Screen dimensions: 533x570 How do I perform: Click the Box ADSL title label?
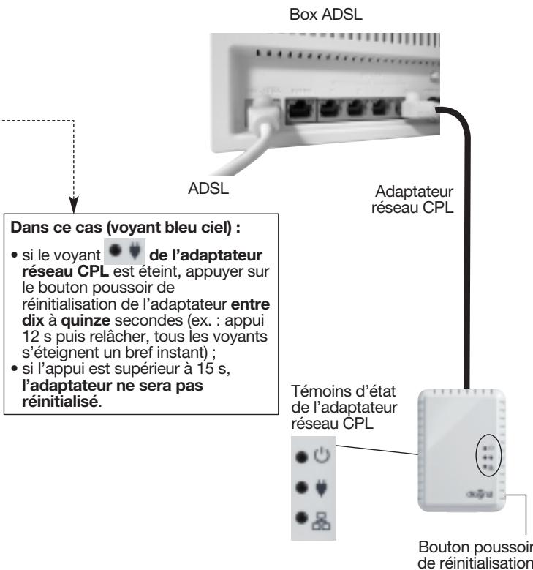[326, 15]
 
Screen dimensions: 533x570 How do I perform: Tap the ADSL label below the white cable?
[208, 188]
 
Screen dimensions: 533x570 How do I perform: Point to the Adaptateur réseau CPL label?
[412, 199]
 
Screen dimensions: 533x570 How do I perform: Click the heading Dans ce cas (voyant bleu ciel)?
[125, 228]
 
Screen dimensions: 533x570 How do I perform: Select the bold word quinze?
[86, 320]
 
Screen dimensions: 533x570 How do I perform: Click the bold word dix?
[33, 320]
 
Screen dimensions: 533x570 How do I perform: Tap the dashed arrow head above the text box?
[74, 205]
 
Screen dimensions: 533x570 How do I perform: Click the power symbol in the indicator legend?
[322, 455]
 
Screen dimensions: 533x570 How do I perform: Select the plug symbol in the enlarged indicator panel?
[321, 488]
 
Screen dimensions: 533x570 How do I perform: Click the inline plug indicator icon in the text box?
[124, 251]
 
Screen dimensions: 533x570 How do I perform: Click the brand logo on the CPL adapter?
[479, 494]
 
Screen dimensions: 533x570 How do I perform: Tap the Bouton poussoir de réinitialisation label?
[475, 555]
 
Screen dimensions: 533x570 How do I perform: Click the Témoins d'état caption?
[344, 407]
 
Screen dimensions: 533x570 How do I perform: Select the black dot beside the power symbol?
[301, 457]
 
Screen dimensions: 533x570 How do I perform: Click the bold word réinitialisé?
[60, 401]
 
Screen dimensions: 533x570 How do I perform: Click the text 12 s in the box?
[37, 337]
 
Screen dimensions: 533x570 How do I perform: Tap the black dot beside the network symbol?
[301, 517]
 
